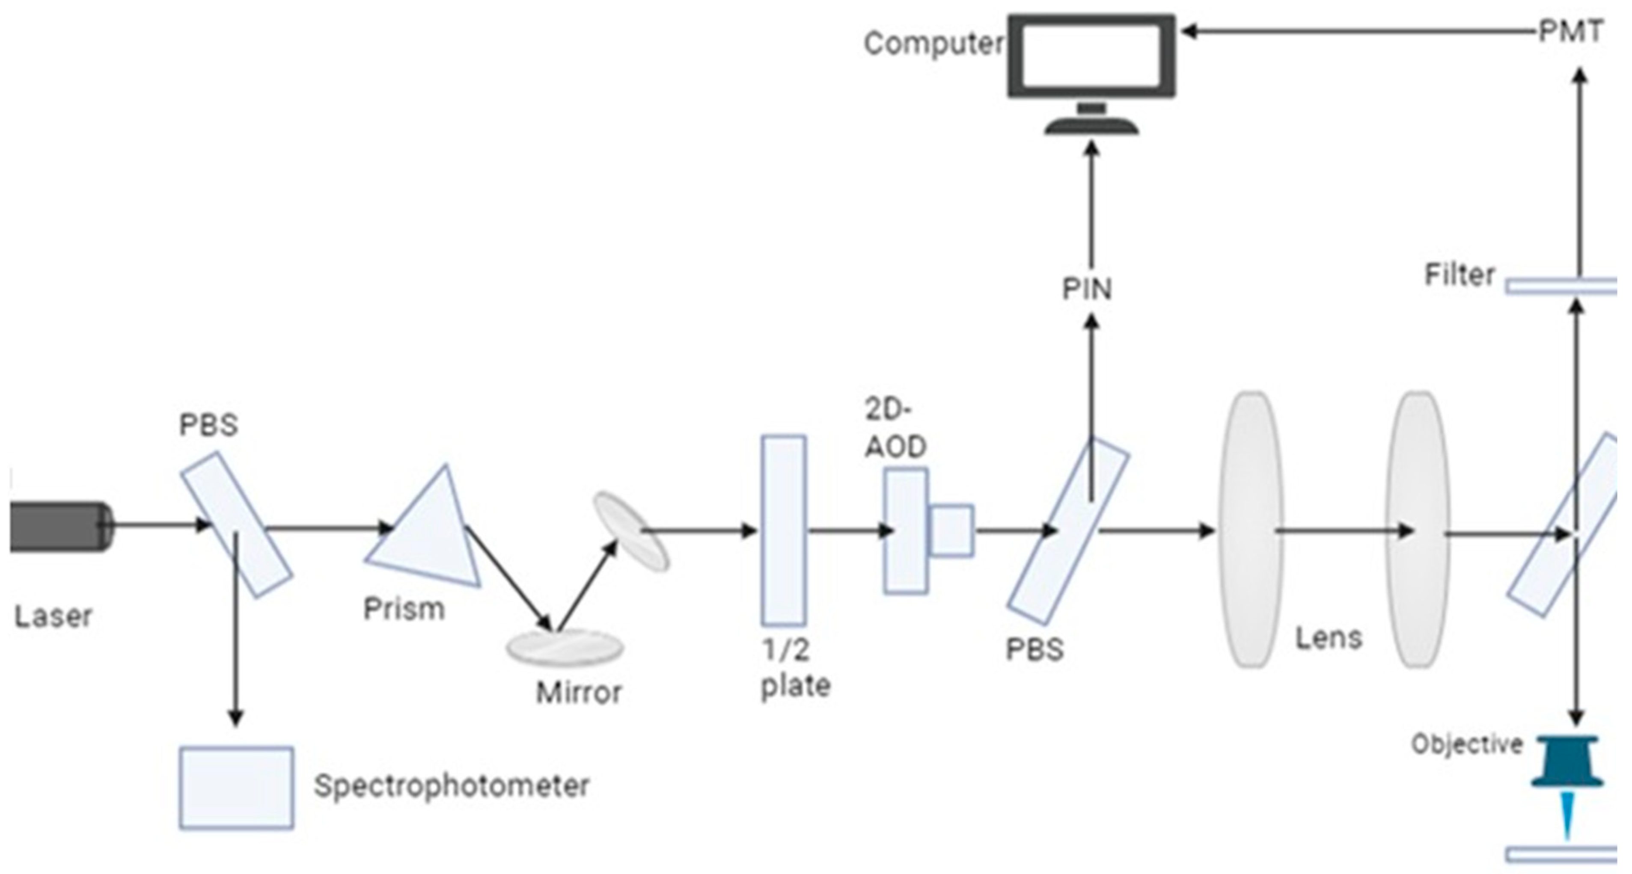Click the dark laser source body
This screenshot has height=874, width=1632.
tap(57, 526)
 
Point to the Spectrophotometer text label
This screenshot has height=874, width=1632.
tap(451, 786)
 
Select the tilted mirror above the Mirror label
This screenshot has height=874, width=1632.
tap(630, 532)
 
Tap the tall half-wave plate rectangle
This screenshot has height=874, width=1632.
tap(784, 531)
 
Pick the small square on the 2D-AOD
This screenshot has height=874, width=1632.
tap(951, 531)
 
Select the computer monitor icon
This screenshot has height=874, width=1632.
tap(1091, 63)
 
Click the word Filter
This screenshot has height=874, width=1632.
tap(1459, 275)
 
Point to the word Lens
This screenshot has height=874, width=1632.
tap(1329, 638)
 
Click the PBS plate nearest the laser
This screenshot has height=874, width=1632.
tap(236, 524)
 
